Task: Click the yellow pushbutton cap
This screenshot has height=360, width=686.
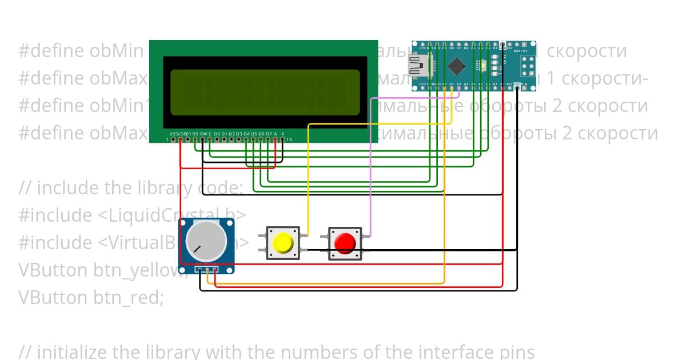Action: (283, 243)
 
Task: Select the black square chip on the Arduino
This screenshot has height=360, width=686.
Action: (456, 66)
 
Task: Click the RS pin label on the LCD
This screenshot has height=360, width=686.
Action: (196, 133)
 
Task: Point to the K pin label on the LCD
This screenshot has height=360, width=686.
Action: (282, 133)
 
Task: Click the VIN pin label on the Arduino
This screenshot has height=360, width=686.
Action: (524, 85)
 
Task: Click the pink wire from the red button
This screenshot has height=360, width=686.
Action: (371, 171)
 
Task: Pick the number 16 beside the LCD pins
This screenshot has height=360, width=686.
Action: (289, 139)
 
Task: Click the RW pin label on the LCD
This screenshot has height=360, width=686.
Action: (203, 133)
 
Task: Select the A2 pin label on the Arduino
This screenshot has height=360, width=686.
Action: (466, 85)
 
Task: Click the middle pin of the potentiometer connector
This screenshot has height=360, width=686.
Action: (207, 270)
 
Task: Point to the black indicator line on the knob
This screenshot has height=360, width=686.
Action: (197, 250)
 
